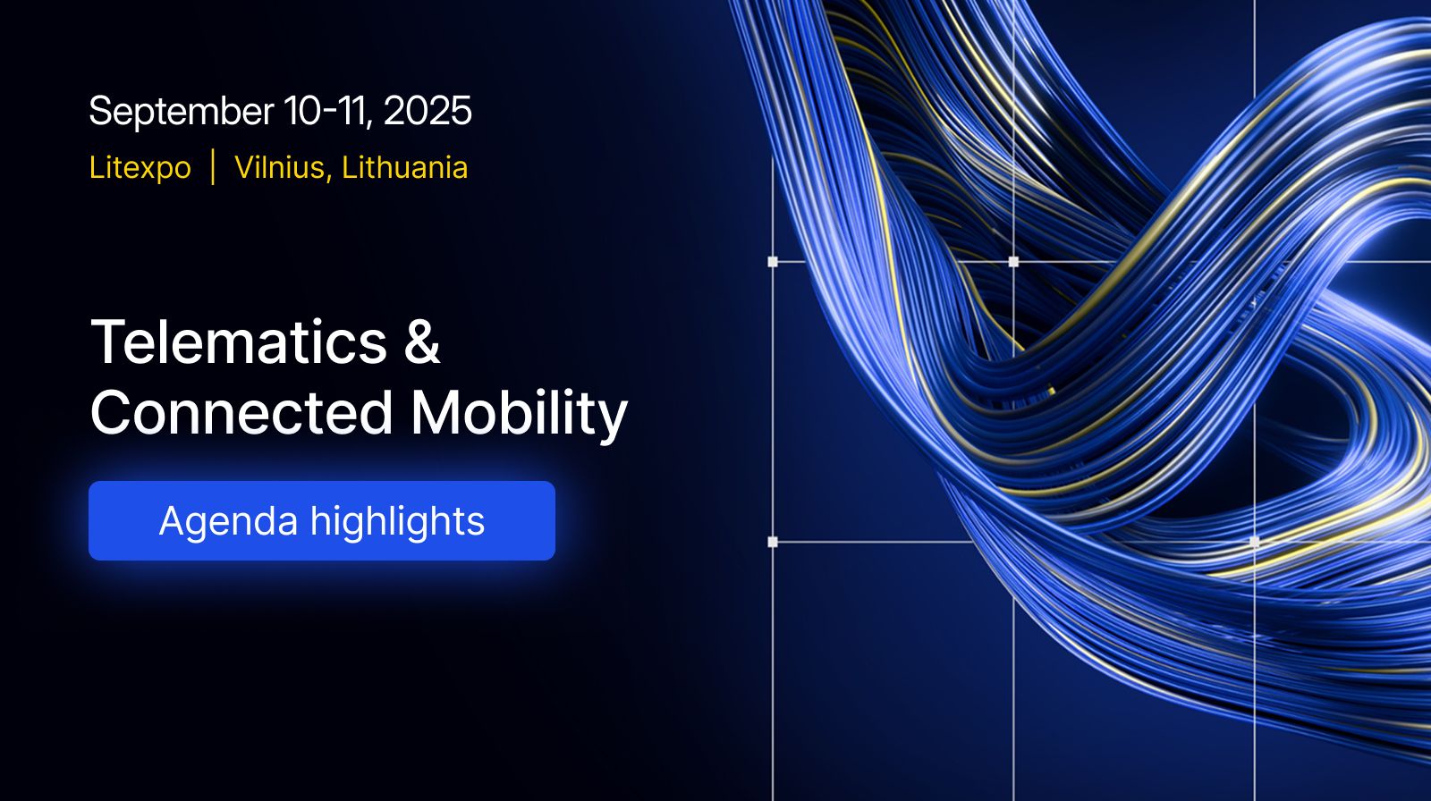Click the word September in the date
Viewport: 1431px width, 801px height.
(x=182, y=113)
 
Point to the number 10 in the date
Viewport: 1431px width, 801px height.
(x=302, y=111)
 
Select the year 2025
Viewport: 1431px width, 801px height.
(x=428, y=111)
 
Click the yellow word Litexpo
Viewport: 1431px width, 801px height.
(x=140, y=168)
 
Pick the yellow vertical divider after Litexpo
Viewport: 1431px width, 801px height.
(x=213, y=167)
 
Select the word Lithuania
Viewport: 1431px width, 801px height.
(x=404, y=167)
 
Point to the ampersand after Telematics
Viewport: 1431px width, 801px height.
(x=422, y=341)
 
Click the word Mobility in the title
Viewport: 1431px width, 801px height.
(x=519, y=415)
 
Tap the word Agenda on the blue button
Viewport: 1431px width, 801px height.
(x=229, y=522)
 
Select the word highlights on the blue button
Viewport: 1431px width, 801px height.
(x=397, y=522)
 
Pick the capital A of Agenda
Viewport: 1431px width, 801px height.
(x=174, y=520)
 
